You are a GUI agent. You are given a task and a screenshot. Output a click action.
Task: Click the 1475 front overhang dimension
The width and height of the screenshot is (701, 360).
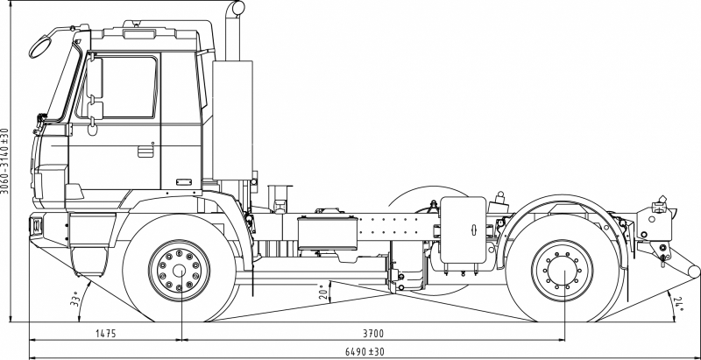105,333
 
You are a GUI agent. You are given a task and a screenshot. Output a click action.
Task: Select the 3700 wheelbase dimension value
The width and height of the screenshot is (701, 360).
373,333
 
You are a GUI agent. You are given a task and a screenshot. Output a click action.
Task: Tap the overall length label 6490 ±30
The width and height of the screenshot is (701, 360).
365,351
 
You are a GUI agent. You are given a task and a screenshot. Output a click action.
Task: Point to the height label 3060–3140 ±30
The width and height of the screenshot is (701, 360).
4,161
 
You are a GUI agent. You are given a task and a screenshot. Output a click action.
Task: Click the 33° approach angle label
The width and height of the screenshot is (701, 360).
74,299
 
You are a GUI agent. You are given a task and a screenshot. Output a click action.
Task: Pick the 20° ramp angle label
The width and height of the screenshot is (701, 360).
323,292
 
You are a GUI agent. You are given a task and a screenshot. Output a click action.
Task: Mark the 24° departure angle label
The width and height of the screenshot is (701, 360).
680,303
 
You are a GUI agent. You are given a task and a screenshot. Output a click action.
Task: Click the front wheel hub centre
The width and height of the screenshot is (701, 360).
180,271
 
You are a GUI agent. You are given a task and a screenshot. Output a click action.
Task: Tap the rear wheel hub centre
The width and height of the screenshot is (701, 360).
563,271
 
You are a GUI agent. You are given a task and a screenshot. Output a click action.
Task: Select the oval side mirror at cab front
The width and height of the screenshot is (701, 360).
40,46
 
